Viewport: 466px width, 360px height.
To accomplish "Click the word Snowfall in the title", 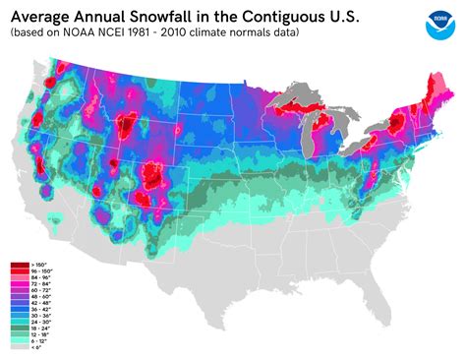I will [x=162, y=16].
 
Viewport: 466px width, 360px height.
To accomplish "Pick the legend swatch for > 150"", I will [x=19, y=266].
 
